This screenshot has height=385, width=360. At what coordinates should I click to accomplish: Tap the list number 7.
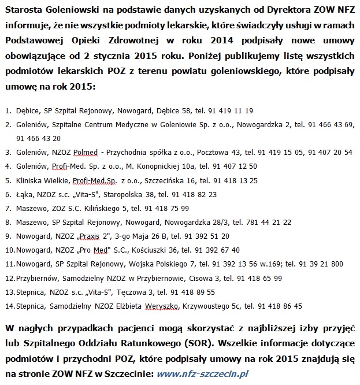[8, 208]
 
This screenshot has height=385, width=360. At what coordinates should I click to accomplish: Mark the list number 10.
[9, 250]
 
